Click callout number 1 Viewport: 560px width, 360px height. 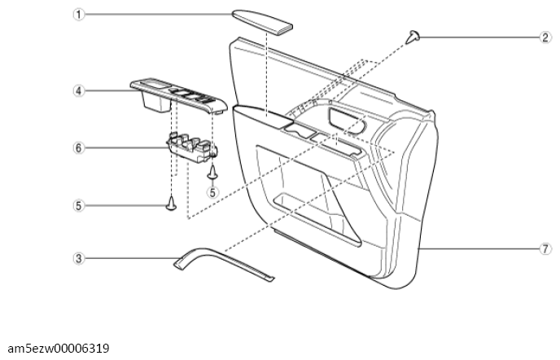pyautogui.click(x=79, y=15)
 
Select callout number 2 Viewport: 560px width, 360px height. pyautogui.click(x=545, y=37)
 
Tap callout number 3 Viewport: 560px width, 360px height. pyautogui.click(x=79, y=258)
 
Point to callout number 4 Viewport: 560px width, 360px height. pyautogui.click(x=79, y=90)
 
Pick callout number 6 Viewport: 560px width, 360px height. pyautogui.click(x=79, y=147)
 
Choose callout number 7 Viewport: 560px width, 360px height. pyautogui.click(x=545, y=248)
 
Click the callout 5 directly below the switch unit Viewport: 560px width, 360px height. pyautogui.click(x=212, y=192)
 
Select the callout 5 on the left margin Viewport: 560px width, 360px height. pyautogui.click(x=79, y=205)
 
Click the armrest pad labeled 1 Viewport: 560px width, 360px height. pyautogui.click(x=262, y=22)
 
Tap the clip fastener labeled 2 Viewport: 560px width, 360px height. pyautogui.click(x=413, y=37)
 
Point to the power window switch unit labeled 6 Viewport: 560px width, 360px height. pyautogui.click(x=192, y=147)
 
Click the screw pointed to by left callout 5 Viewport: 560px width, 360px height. pyautogui.click(x=172, y=202)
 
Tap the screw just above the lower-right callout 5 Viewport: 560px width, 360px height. pyautogui.click(x=213, y=172)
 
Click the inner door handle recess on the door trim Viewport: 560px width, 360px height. pyautogui.click(x=347, y=121)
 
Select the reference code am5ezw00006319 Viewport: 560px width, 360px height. pyautogui.click(x=59, y=349)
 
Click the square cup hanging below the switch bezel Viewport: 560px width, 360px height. pyautogui.click(x=156, y=102)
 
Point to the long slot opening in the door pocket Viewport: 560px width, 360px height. pyautogui.click(x=317, y=220)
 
